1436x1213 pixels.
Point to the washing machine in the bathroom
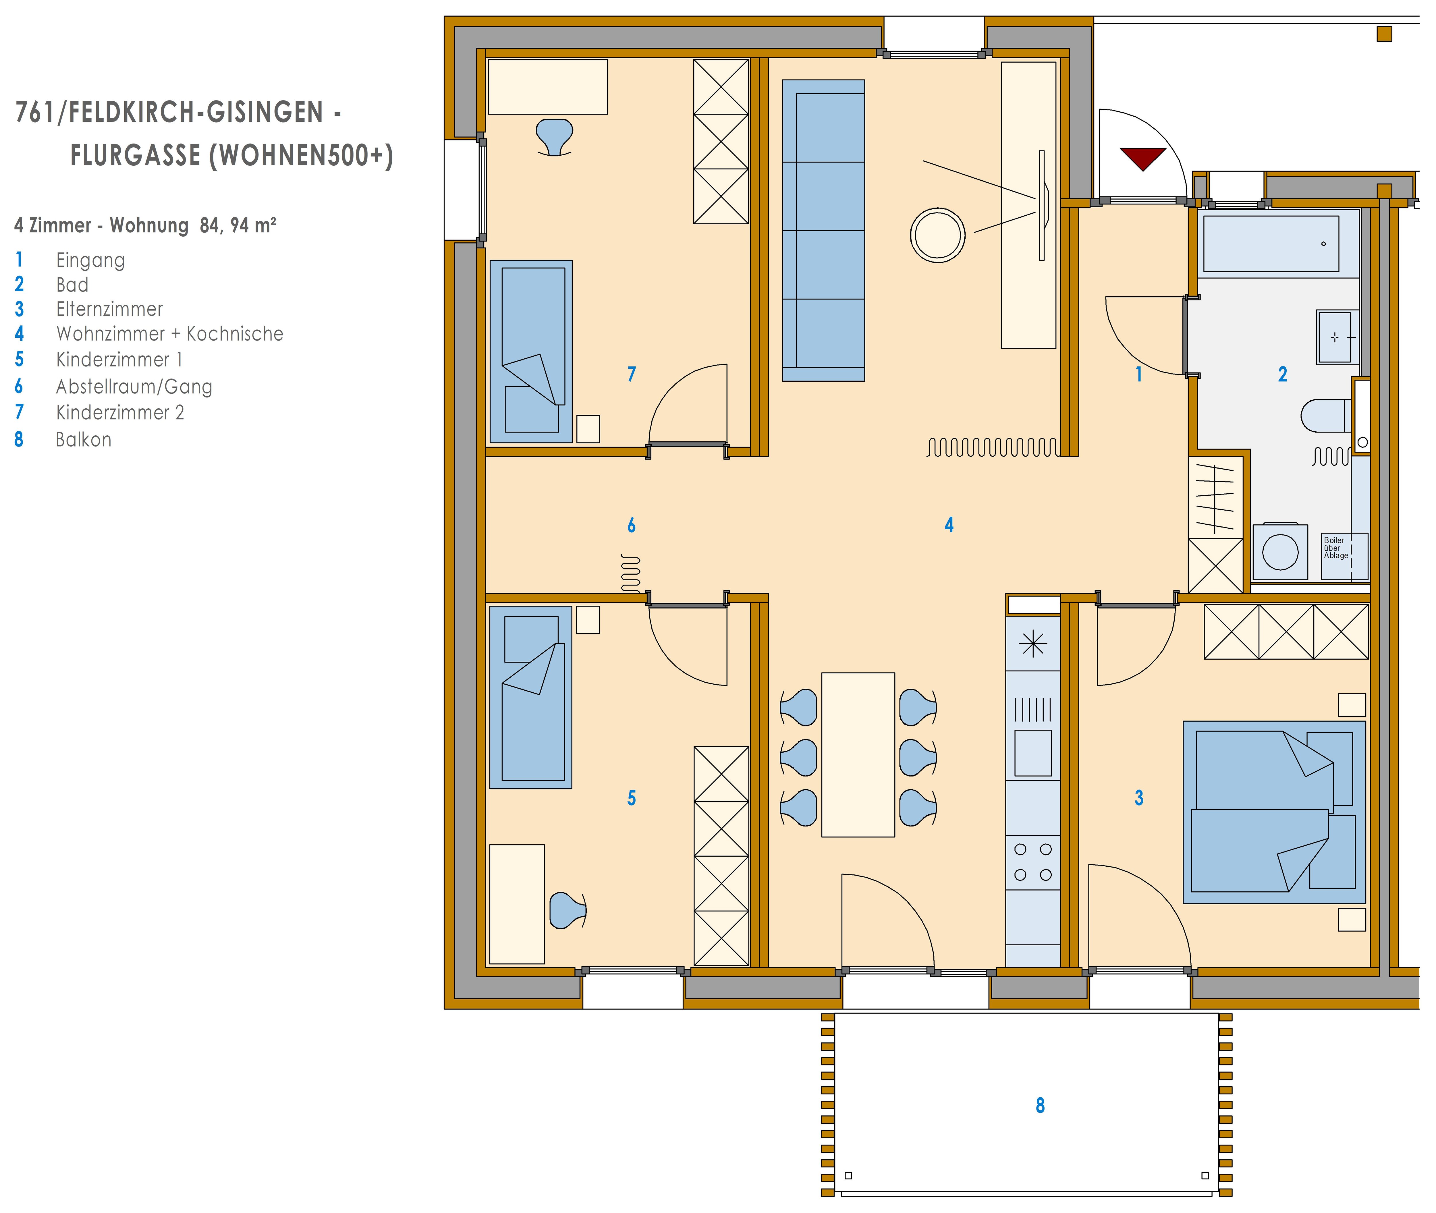[x=1280, y=551]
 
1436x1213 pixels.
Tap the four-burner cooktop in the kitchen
[x=1033, y=862]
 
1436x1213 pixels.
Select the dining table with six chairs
[x=858, y=754]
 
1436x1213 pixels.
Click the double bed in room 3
[x=1274, y=812]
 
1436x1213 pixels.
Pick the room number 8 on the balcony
[x=1040, y=1105]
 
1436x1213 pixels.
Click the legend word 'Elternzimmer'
[x=109, y=310]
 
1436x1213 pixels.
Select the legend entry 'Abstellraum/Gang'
[x=134, y=387]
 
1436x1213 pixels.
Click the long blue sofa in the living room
[x=823, y=230]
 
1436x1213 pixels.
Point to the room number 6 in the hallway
[x=631, y=525]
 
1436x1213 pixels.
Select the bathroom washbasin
[x=1337, y=337]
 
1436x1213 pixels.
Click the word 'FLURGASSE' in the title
[x=136, y=155]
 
